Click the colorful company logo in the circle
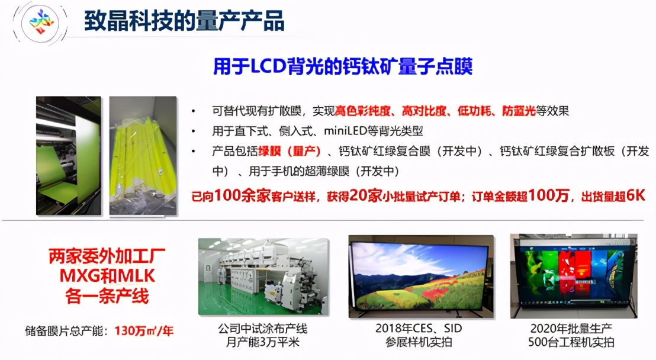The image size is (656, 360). coord(41,22)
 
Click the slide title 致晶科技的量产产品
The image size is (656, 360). coord(184,20)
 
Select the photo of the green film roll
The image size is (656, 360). coord(69,156)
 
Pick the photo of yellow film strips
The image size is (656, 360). coord(143,156)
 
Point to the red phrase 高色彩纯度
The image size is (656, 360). coord(363,111)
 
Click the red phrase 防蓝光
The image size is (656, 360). coord(519,111)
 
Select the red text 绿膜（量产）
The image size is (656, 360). coord(289,151)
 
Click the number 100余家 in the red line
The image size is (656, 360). coord(242,195)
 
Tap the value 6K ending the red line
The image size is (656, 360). coord(636,195)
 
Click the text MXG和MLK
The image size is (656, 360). coord(107,276)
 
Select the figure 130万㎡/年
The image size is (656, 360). coord(144,331)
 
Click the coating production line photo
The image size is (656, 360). coord(263,277)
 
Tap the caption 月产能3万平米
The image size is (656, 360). coord(263,342)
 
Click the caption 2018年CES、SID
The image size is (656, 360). coord(419,328)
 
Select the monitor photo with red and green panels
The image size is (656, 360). coord(574,277)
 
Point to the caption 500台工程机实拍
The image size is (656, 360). coord(571,342)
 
